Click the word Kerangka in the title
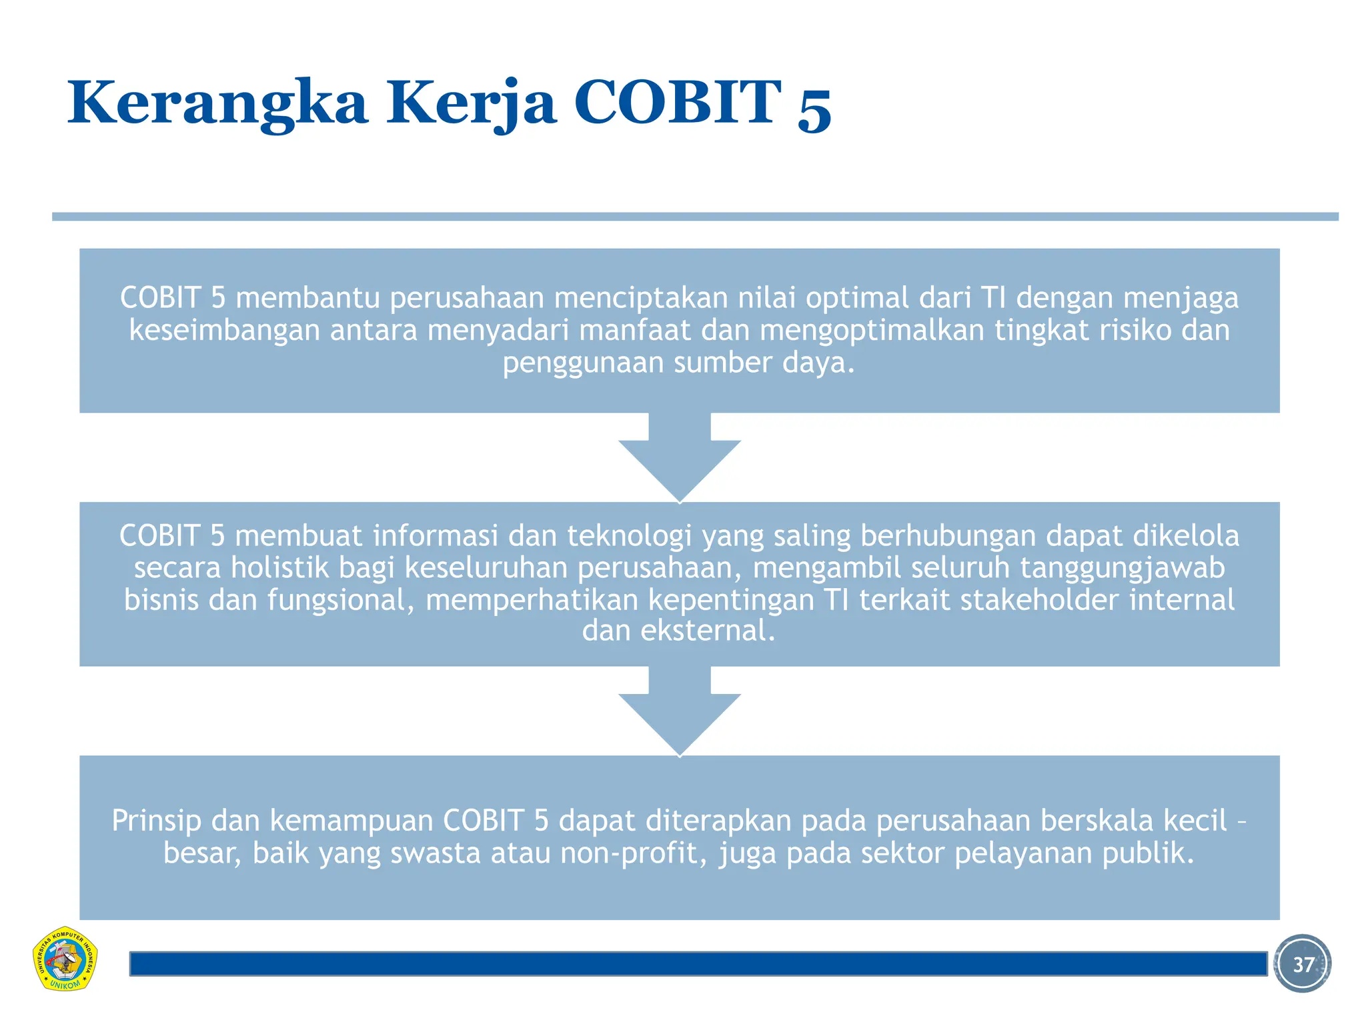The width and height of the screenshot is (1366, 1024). (217, 103)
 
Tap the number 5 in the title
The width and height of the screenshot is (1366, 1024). (814, 107)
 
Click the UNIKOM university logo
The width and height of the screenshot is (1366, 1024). (65, 959)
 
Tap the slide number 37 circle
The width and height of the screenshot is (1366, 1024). (1302, 963)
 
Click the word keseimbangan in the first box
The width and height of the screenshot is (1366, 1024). (224, 331)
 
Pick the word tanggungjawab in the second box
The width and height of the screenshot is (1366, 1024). (1122, 568)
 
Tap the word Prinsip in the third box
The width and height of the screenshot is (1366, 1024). (156, 821)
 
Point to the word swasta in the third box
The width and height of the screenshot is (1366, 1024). (435, 853)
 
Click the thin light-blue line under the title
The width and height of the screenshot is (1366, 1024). (694, 217)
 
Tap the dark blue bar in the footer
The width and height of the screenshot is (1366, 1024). (698, 964)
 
